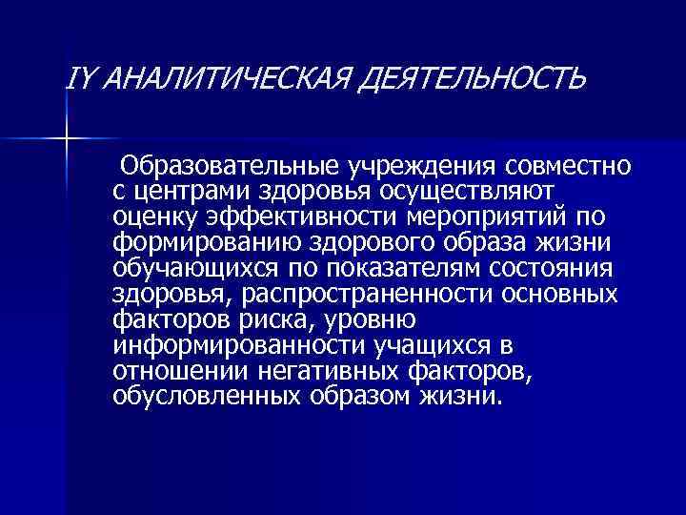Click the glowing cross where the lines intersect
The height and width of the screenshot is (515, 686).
pyautogui.click(x=67, y=140)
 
